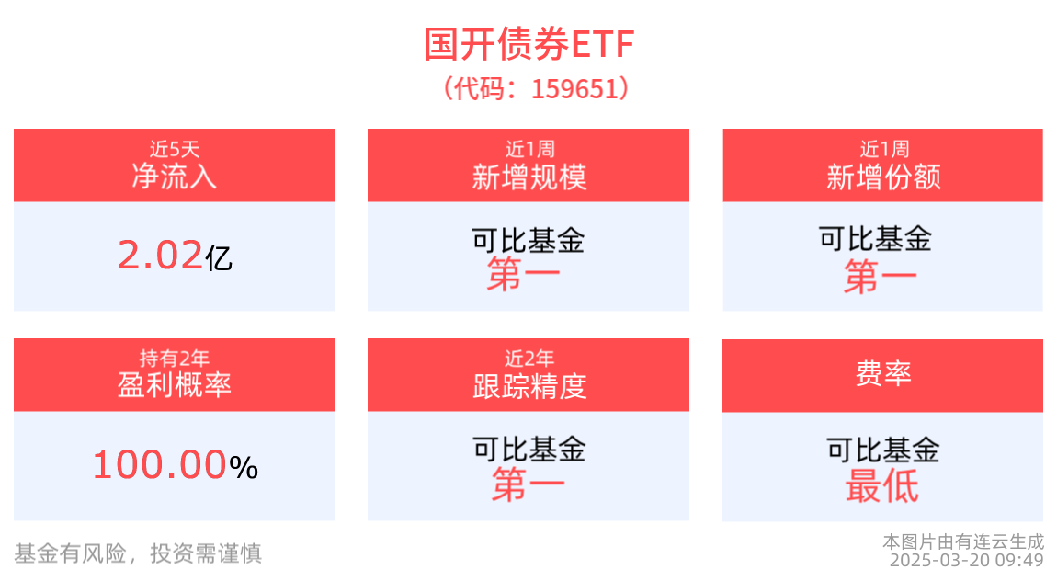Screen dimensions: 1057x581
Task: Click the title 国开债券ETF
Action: click(529, 44)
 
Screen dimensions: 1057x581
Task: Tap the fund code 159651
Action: click(575, 89)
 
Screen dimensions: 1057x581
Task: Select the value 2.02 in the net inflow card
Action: click(160, 256)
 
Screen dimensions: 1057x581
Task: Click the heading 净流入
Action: click(174, 177)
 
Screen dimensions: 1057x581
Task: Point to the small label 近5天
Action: click(175, 148)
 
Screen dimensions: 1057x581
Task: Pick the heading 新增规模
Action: click(529, 177)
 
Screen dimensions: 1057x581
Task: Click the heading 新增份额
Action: click(884, 177)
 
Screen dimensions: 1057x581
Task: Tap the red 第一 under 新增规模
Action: click(524, 274)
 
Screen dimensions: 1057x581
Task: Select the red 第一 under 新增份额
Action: click(880, 277)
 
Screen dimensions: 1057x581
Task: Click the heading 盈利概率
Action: click(175, 385)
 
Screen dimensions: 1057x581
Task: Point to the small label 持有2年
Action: click(175, 358)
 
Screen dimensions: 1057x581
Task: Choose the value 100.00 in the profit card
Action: click(159, 465)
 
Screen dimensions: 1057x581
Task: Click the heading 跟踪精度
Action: click(529, 386)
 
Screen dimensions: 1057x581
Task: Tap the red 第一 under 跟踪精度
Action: click(528, 485)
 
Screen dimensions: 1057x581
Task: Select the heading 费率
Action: click(883, 372)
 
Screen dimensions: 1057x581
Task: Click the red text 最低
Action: click(882, 486)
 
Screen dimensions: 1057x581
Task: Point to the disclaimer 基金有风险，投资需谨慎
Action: click(138, 553)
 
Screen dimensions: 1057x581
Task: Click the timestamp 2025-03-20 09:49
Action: click(967, 561)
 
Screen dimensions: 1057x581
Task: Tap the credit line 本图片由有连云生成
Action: click(963, 541)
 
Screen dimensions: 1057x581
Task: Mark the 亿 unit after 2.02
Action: click(219, 258)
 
